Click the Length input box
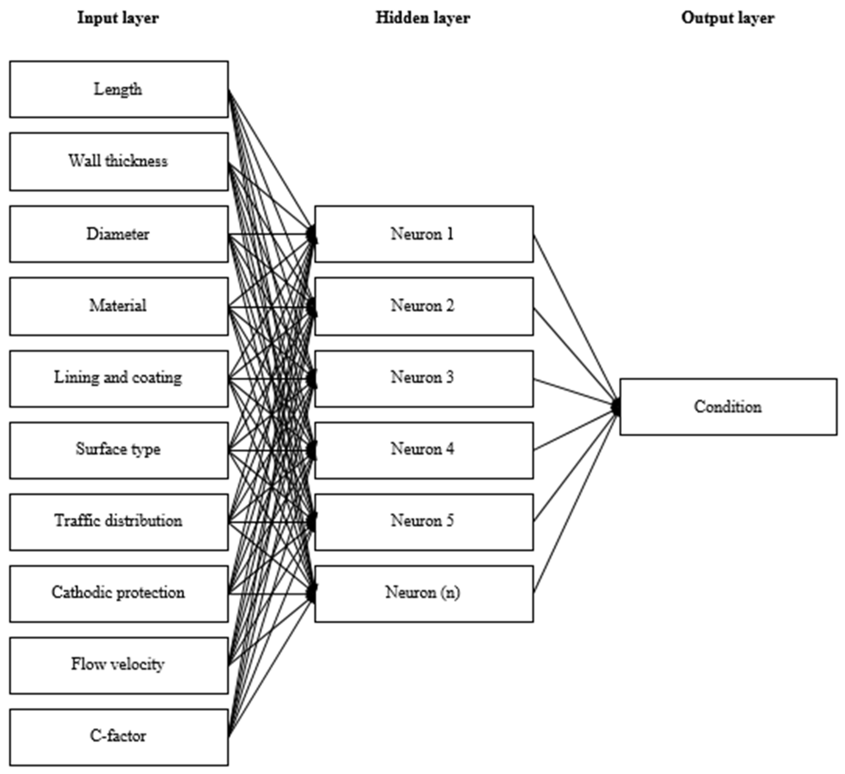[x=118, y=89]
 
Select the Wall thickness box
[x=118, y=162]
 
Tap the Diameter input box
[x=118, y=234]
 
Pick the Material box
[x=118, y=306]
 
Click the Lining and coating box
[x=118, y=379]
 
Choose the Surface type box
[x=118, y=450]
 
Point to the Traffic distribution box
[x=118, y=522]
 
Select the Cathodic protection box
[x=118, y=594]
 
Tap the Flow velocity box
[x=118, y=665]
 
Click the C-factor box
[x=118, y=737]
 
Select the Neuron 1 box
[x=424, y=234]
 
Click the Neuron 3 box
[x=424, y=379]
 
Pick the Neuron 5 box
[x=424, y=522]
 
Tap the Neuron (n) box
[x=424, y=594]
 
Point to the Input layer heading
[x=118, y=18]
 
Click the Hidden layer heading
[x=423, y=18]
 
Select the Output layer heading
[x=728, y=18]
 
